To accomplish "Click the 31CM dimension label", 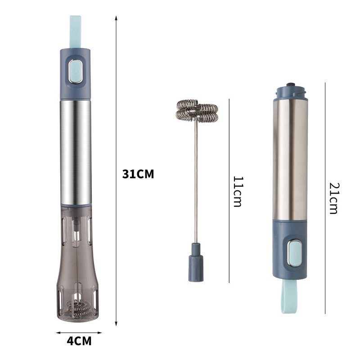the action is [x=138, y=174].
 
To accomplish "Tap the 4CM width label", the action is [x=79, y=341].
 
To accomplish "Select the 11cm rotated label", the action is [x=238, y=192].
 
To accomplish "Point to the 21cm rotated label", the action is [x=334, y=198].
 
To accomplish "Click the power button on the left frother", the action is [x=76, y=71].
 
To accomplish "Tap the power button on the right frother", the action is [x=294, y=253].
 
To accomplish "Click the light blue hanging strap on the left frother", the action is [x=75, y=32].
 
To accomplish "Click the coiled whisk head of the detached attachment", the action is [x=197, y=110].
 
